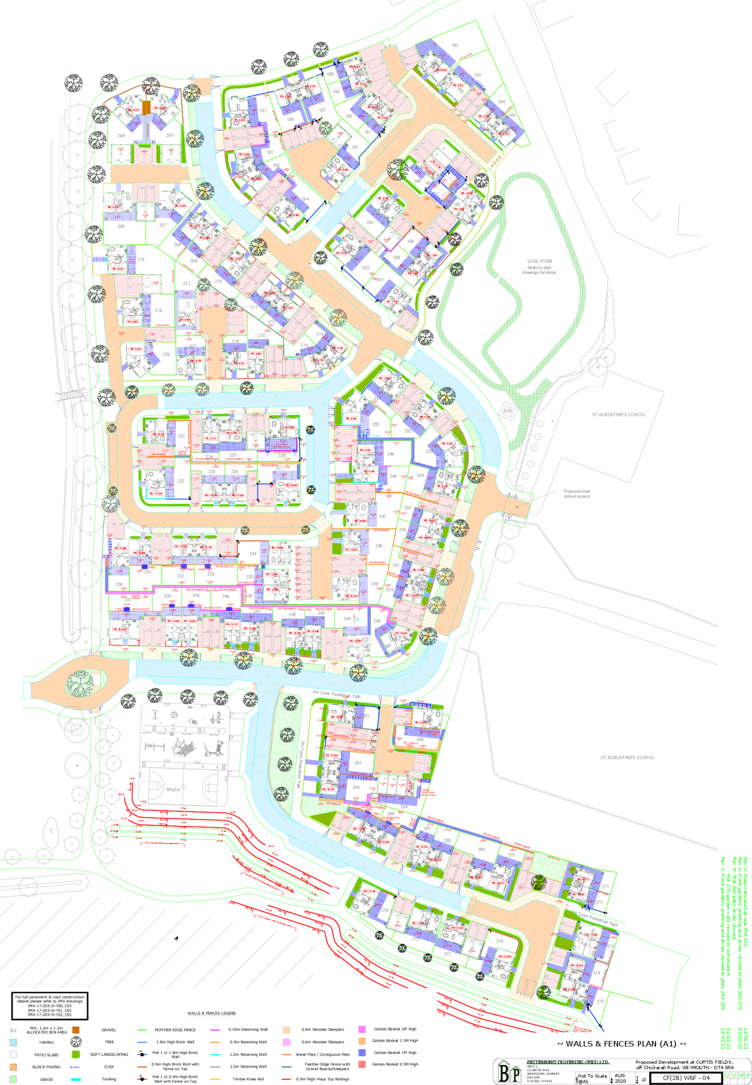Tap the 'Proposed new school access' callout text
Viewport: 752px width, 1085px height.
pos(576,494)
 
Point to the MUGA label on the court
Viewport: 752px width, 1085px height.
pos(173,789)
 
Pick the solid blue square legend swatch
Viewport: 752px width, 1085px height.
pos(362,1053)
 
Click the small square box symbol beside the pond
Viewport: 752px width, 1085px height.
pos(508,410)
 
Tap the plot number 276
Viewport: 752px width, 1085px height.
pos(600,1001)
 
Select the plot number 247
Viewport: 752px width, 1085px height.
pos(383,517)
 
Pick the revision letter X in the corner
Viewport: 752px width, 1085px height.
pos(748,1075)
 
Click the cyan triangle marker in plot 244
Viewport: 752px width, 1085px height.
pos(358,618)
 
